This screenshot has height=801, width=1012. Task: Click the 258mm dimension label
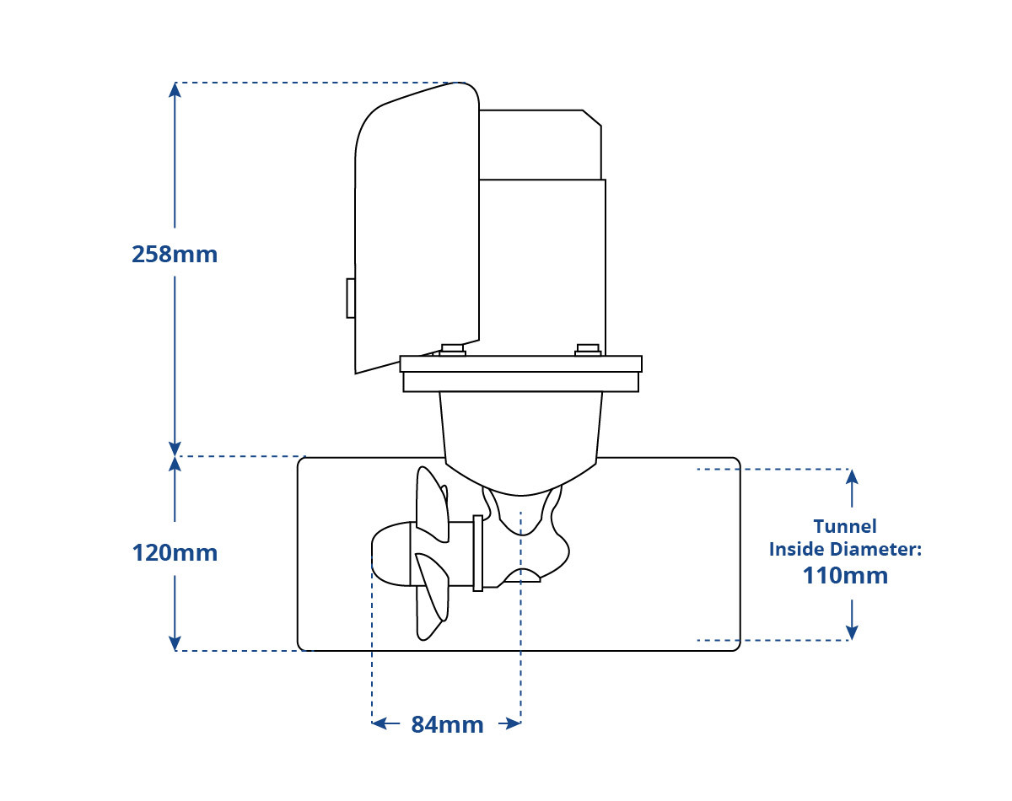point(175,255)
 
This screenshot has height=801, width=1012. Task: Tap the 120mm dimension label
point(175,553)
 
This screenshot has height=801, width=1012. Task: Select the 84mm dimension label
point(447,725)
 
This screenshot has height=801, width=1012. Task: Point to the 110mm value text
point(845,576)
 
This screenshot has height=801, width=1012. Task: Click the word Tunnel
point(845,526)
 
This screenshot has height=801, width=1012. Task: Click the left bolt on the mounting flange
point(453,351)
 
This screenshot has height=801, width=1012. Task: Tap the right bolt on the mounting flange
point(588,351)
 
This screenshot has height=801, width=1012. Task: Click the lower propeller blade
point(432,596)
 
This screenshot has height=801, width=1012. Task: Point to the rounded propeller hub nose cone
point(391,554)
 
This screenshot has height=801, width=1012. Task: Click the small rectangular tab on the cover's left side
point(351,298)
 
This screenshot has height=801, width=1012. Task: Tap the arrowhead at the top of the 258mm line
point(175,89)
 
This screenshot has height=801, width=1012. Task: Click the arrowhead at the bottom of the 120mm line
point(175,643)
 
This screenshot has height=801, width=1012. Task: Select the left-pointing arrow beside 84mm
point(385,723)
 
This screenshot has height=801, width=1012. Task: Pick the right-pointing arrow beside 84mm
point(509,723)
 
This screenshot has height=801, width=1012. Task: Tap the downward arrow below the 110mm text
point(852,620)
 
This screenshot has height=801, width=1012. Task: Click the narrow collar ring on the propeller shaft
point(478,553)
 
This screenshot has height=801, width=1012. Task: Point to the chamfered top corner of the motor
point(592,118)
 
